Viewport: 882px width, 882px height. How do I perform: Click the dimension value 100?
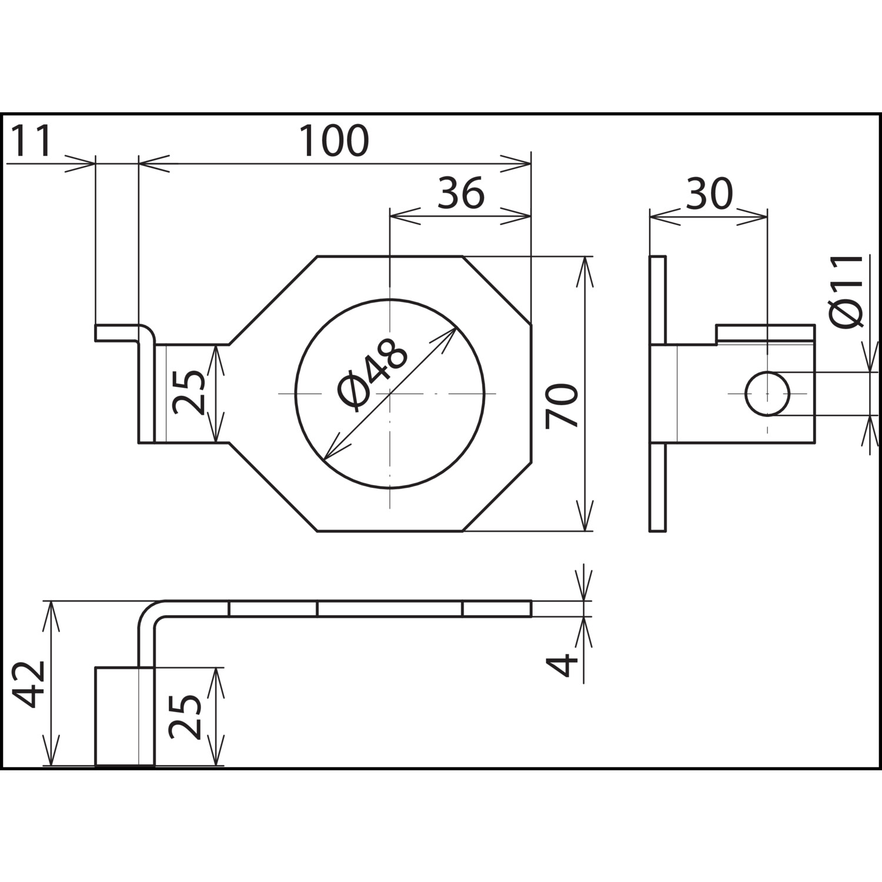(334, 141)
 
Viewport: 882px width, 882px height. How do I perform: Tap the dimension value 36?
(462, 193)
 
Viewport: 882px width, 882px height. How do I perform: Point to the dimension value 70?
(561, 406)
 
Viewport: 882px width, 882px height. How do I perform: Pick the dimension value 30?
(710, 194)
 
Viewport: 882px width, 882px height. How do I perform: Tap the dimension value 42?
(29, 684)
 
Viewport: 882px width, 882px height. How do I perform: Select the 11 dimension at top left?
(32, 141)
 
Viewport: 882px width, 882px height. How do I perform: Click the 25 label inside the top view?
(189, 393)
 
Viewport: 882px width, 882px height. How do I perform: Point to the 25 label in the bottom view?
(185, 717)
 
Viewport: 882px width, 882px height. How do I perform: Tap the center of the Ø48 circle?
(390, 393)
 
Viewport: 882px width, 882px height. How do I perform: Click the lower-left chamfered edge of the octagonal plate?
(272, 487)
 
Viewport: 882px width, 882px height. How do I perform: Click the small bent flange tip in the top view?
(118, 333)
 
